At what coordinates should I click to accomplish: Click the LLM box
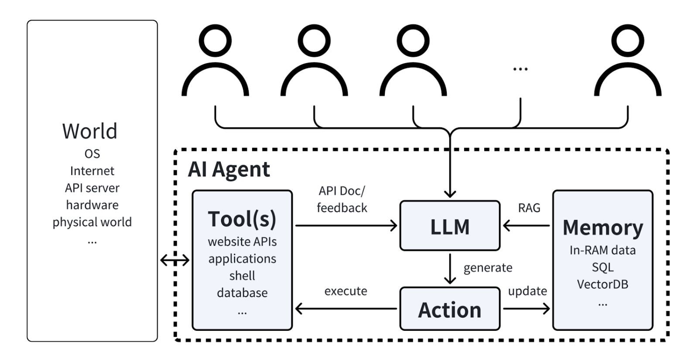click(450, 226)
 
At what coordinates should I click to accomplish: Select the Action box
click(450, 309)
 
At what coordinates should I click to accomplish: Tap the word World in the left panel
click(90, 131)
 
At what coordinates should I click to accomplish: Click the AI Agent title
click(229, 170)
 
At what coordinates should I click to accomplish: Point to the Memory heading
click(603, 227)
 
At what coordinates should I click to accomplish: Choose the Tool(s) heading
click(242, 219)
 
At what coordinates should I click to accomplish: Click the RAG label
click(529, 208)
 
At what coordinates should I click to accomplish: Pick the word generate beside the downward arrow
click(488, 268)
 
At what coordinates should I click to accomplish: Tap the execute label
click(346, 291)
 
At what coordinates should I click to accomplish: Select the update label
click(527, 291)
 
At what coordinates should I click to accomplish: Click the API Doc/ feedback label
click(342, 199)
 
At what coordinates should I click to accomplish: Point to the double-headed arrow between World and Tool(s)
click(175, 260)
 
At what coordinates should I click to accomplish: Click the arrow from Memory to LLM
click(526, 226)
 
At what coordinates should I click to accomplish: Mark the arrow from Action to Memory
click(526, 309)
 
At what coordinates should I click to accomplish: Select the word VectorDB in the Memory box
click(602, 284)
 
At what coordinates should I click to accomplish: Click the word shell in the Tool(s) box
click(242, 275)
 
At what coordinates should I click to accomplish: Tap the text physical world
click(92, 222)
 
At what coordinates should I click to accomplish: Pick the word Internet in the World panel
click(92, 171)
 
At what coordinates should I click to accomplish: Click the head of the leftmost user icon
click(216, 41)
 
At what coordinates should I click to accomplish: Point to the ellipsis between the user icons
click(520, 69)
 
